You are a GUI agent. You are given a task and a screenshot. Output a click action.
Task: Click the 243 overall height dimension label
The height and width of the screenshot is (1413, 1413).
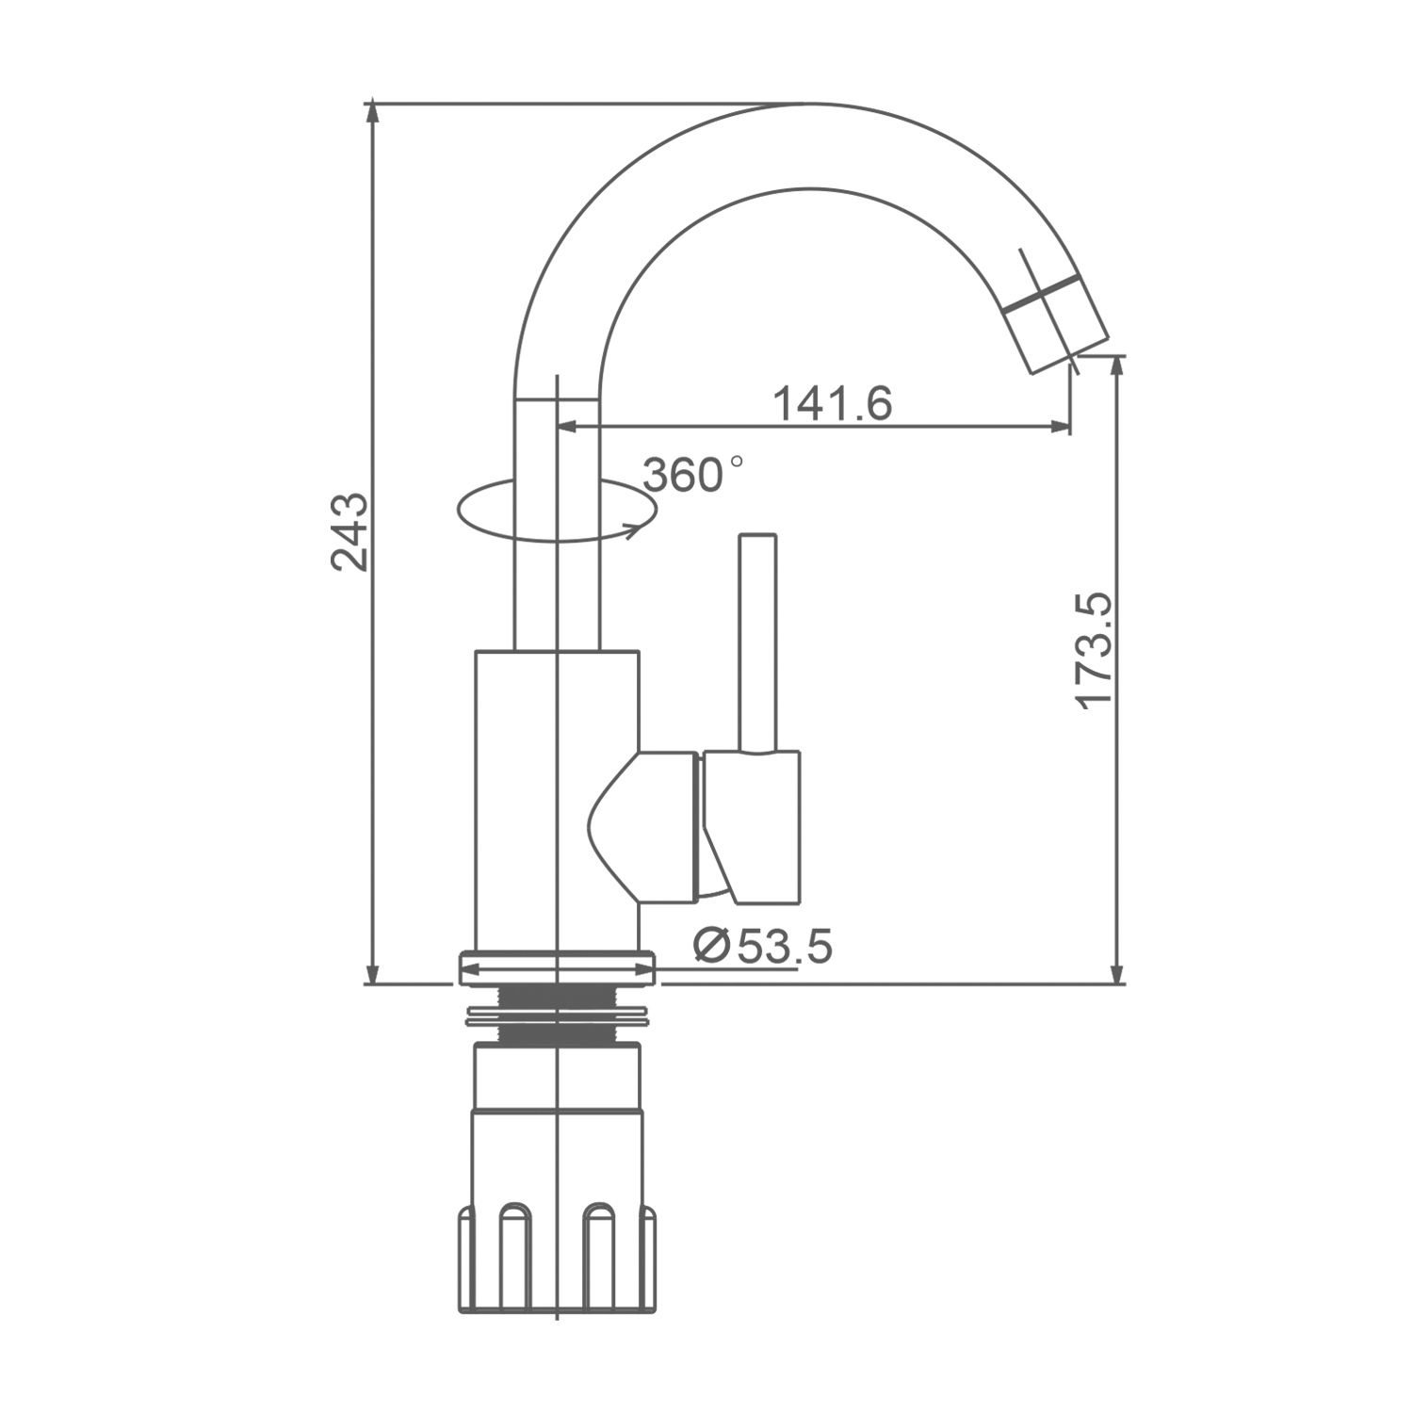pos(349,531)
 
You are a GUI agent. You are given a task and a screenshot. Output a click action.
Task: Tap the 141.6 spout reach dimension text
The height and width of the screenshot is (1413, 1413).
pos(832,403)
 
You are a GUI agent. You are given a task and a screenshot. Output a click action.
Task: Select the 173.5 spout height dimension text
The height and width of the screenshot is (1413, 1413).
pos(1096,650)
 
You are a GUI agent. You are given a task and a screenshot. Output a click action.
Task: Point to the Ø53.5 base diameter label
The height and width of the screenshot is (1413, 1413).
pos(762,946)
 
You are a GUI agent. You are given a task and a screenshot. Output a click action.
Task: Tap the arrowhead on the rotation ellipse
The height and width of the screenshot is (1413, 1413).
pos(637,528)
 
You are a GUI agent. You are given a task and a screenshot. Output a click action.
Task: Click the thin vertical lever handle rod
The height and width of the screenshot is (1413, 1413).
pos(758,643)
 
